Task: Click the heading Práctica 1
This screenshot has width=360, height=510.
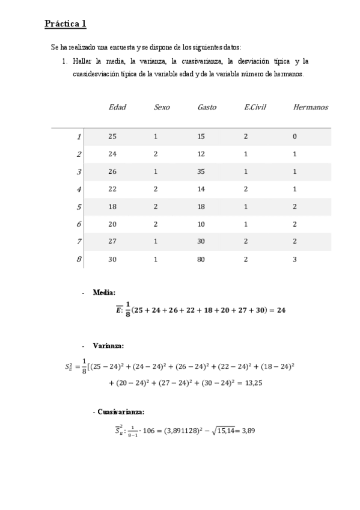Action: (x=66, y=24)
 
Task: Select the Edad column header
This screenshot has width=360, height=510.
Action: (x=117, y=107)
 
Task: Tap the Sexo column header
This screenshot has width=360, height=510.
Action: (x=162, y=107)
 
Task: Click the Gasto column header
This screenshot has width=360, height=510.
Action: (x=207, y=107)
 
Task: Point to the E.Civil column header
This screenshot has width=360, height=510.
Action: (x=255, y=107)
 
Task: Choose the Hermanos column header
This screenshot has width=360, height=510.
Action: (x=311, y=107)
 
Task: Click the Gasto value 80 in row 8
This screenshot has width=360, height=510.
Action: (x=201, y=259)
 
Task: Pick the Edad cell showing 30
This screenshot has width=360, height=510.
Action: (x=112, y=259)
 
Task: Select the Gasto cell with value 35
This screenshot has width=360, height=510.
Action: (x=201, y=171)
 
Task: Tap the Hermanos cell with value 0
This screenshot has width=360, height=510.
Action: (x=294, y=137)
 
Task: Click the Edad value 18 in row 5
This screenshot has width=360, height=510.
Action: (x=112, y=206)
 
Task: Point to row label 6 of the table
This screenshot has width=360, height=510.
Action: (x=79, y=224)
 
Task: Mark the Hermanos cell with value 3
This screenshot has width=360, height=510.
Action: (x=294, y=259)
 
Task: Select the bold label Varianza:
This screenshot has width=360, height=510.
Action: (x=108, y=346)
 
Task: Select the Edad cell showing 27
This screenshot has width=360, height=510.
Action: (x=112, y=242)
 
